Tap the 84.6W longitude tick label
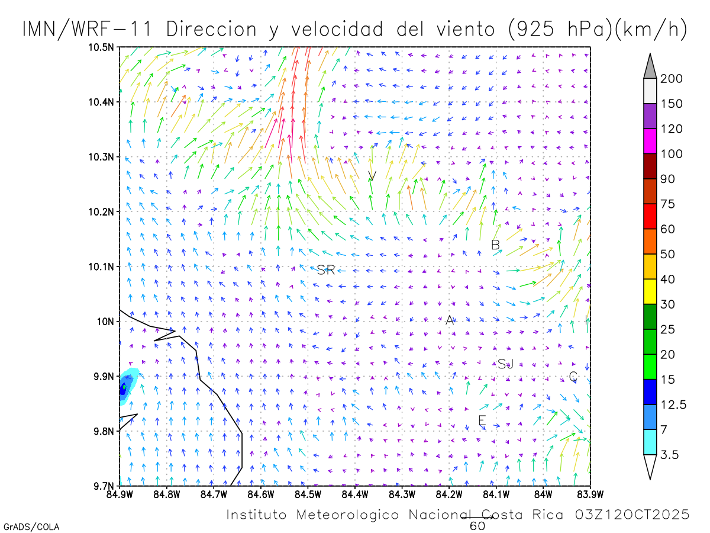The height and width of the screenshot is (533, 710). tap(260, 493)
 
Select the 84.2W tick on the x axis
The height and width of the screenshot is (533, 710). tap(449, 493)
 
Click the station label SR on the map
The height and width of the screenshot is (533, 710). tap(326, 270)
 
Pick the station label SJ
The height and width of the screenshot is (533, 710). tap(505, 364)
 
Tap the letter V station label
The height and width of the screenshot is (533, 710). tap(372, 175)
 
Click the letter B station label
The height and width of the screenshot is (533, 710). tap(496, 245)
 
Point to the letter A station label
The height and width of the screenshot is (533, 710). tap(450, 320)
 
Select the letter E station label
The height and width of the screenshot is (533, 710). tap(482, 420)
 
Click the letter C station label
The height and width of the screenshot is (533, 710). tap(573, 376)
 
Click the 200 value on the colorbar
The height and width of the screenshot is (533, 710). tap(672, 79)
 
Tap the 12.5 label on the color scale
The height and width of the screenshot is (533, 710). tap(674, 405)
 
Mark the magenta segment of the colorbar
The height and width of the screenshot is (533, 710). tap(650, 142)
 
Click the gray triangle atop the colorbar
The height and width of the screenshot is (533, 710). tap(650, 66)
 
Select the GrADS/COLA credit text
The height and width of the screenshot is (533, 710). tap(31, 526)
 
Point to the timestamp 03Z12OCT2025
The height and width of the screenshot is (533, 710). tap(632, 515)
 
